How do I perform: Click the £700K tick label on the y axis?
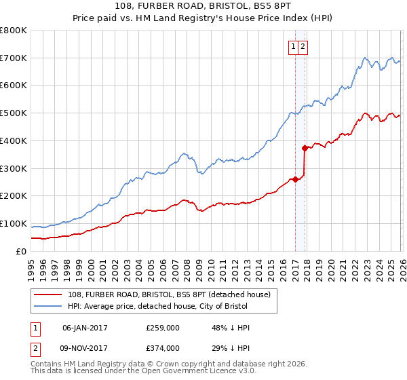[14, 58]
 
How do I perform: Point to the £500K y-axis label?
[14, 113]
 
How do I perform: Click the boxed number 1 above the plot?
[294, 46]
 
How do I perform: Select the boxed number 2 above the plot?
[303, 46]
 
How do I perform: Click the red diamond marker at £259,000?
[295, 180]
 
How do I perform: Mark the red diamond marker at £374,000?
[305, 147]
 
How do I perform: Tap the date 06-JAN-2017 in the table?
[85, 328]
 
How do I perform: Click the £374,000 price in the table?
[163, 348]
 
